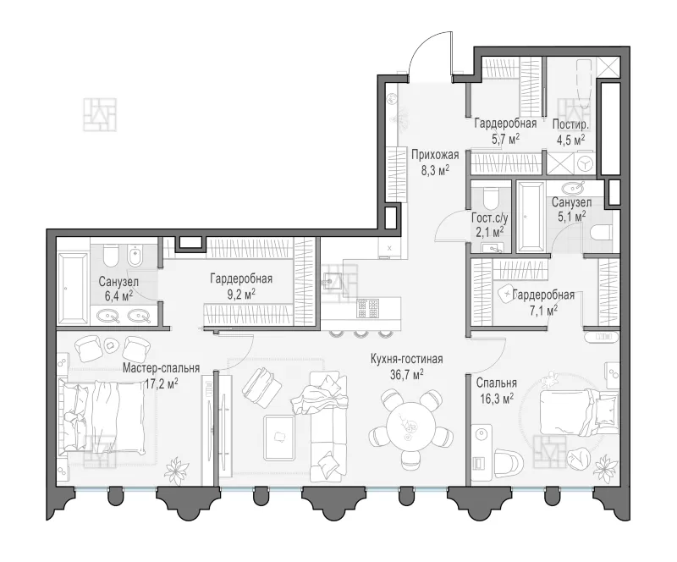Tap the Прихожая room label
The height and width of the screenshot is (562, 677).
pos(435,154)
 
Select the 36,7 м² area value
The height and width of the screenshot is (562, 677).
pos(407,373)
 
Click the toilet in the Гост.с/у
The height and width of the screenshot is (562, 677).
pos(491,199)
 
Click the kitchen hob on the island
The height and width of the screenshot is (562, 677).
pos(368,307)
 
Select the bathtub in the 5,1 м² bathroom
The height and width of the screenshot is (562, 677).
pos(531,217)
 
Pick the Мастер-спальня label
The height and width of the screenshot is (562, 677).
pos(161,367)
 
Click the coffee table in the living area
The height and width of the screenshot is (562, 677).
pos(280,438)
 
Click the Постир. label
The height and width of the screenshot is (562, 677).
pos(570,124)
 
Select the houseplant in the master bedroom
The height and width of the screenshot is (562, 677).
pos(177,469)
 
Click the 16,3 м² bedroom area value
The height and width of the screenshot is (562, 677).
pos(497,399)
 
